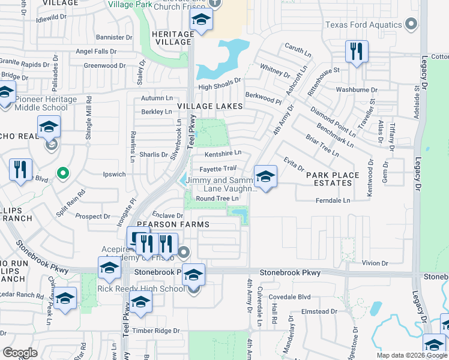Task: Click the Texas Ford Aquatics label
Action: pyautogui.click(x=363, y=25)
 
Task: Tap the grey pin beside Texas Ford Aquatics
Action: pyautogui.click(x=411, y=25)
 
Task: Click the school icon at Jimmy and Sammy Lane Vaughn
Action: pyautogui.click(x=265, y=176)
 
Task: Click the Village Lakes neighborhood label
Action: pyautogui.click(x=209, y=106)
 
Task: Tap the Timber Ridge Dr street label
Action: pyautogui.click(x=160, y=331)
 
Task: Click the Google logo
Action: pyautogui.click(x=20, y=353)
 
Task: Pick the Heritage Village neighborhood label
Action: pyautogui.click(x=173, y=38)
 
